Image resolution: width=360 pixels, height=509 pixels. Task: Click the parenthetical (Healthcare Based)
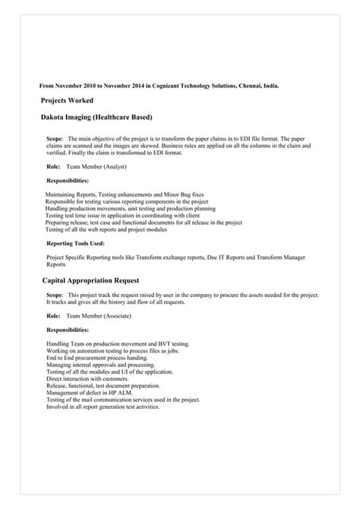pos(125,118)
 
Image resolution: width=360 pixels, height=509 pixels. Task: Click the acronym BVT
pos(167,343)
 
